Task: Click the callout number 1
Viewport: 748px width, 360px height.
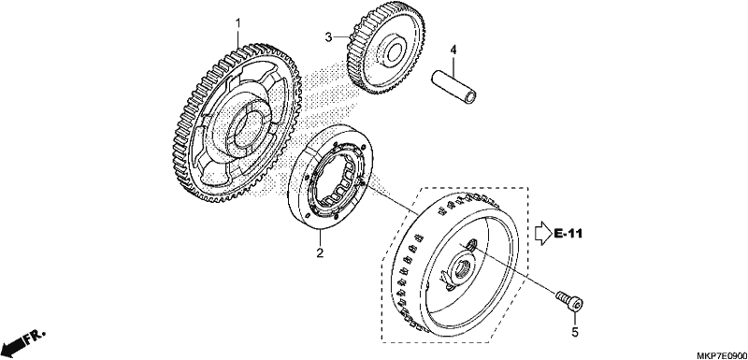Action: tap(237, 22)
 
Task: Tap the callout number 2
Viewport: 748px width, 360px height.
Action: tap(320, 252)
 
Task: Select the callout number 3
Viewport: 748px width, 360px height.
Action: tap(328, 37)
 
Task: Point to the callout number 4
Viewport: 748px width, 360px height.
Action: tap(453, 50)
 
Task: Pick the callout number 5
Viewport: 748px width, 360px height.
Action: tap(575, 332)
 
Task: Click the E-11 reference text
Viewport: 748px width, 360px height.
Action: tap(568, 234)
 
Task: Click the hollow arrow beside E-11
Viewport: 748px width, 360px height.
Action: tap(543, 234)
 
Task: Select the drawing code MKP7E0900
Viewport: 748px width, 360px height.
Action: tap(721, 355)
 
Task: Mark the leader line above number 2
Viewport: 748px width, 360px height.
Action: tap(320, 239)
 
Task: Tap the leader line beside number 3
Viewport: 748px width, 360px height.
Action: tap(342, 37)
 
